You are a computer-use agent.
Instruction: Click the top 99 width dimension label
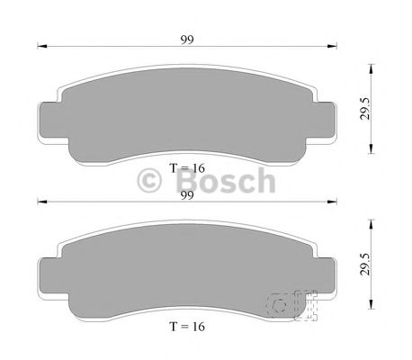point(187,40)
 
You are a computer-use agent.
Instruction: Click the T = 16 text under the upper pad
point(187,168)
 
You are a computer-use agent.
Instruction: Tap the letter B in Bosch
point(178,181)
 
